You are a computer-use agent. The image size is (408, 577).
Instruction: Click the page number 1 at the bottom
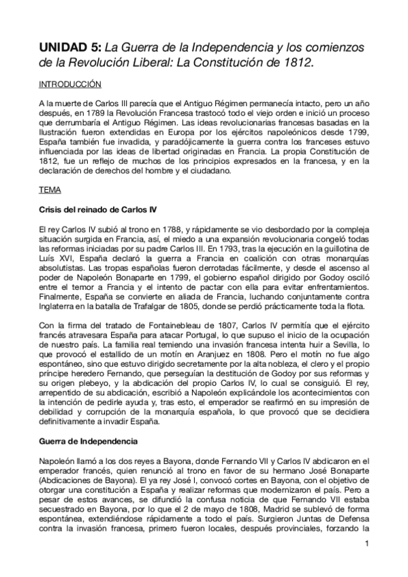click(x=366, y=543)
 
